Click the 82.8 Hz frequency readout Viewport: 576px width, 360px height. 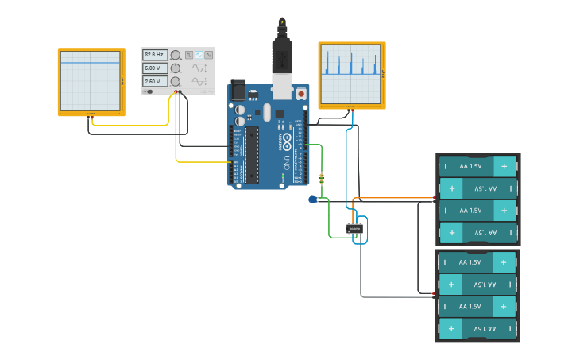[155, 55]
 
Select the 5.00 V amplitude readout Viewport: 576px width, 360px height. [155, 68]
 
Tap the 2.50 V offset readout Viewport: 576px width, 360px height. [155, 81]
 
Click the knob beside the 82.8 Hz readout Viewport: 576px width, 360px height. [176, 55]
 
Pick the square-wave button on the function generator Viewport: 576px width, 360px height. [189, 55]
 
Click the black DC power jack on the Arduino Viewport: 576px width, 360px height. [238, 90]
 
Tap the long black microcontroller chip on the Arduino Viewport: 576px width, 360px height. [251, 155]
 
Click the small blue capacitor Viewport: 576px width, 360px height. [313, 199]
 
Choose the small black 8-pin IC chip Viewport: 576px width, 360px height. [355, 229]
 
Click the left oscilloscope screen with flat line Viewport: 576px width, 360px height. [90, 81]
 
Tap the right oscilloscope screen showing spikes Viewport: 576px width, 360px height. [350, 75]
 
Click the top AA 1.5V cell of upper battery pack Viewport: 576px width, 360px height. [477, 166]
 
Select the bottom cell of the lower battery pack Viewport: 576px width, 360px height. [477, 328]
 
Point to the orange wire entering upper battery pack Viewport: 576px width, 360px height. [397, 198]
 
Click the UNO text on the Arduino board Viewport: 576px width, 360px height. [287, 163]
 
